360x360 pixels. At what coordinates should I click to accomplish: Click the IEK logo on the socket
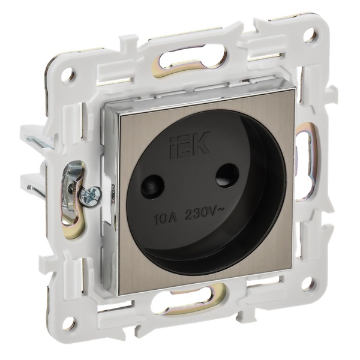point(190,145)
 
